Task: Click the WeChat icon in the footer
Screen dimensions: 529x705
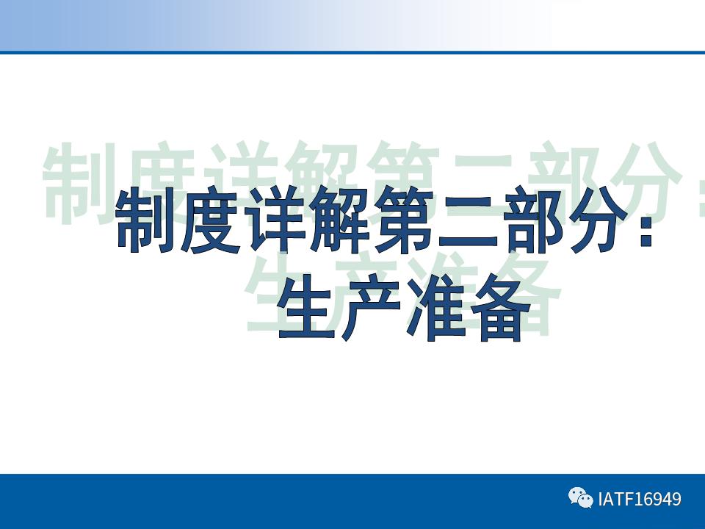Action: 580,499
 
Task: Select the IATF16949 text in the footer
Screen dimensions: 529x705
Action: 640,500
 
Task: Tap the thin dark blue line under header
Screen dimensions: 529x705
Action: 352,52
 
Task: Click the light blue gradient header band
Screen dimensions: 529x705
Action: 220,25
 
